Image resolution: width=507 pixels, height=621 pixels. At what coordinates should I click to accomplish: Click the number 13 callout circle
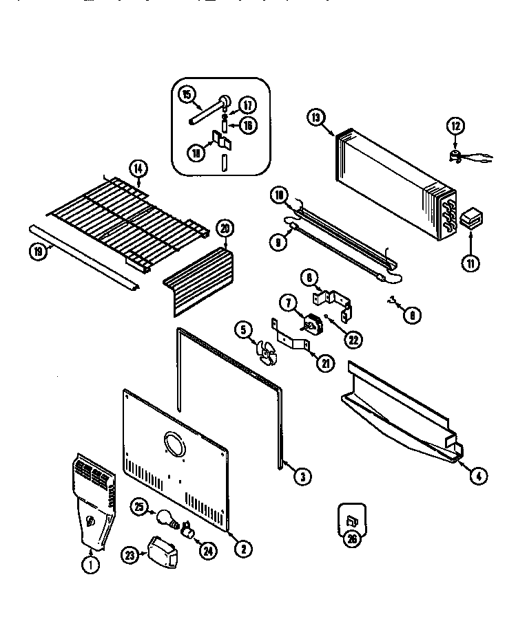316,118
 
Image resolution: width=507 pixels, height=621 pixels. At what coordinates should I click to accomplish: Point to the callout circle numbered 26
352,538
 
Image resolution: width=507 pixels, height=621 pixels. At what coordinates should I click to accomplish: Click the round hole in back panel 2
174,445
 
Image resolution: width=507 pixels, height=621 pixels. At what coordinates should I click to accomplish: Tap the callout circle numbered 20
225,228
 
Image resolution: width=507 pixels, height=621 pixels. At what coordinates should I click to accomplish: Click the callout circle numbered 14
138,167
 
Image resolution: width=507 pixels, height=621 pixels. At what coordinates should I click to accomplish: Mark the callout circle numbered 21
324,363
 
